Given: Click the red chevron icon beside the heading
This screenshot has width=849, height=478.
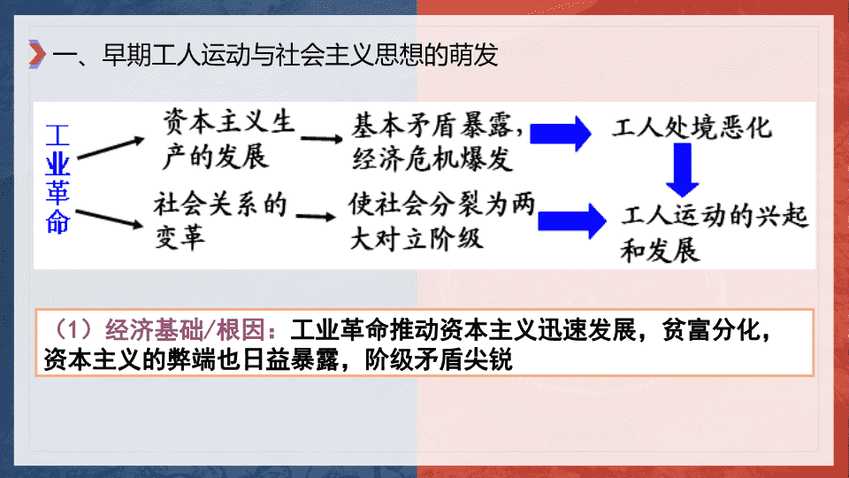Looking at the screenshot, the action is pyautogui.click(x=37, y=54).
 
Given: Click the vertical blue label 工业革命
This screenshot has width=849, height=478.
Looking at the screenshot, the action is pyautogui.click(x=58, y=179).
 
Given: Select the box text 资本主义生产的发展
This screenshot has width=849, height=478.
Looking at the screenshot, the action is pyautogui.click(x=229, y=139).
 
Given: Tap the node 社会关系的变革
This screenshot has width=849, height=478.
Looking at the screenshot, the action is pyautogui.click(x=220, y=220).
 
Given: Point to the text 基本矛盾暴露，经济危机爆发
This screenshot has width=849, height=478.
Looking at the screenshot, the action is pyautogui.click(x=438, y=142).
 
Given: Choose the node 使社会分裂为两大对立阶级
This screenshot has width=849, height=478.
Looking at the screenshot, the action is pyautogui.click(x=442, y=220).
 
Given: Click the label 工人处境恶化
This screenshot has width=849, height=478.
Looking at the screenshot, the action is pyautogui.click(x=692, y=127).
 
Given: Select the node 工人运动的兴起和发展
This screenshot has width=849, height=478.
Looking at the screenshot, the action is pyautogui.click(x=715, y=233).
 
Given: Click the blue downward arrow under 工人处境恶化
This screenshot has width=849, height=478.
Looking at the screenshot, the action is pyautogui.click(x=682, y=170).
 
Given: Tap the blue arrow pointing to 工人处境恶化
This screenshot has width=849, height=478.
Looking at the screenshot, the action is pyautogui.click(x=561, y=134).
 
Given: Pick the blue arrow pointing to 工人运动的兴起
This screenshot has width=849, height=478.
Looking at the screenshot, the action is pyautogui.click(x=572, y=221).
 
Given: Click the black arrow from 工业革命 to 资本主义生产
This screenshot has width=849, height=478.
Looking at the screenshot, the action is pyautogui.click(x=111, y=148).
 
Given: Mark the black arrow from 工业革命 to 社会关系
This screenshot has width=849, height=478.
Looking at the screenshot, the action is pyautogui.click(x=110, y=218).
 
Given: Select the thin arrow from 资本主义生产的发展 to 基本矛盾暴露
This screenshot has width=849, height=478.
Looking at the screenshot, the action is pyautogui.click(x=322, y=139).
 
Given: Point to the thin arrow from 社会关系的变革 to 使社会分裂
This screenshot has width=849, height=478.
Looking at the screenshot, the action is pyautogui.click(x=317, y=217).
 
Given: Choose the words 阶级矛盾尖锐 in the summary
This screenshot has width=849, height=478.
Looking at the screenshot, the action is pyautogui.click(x=439, y=359).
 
